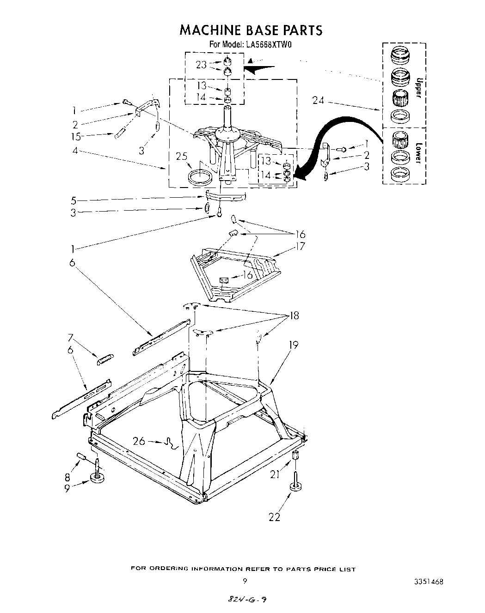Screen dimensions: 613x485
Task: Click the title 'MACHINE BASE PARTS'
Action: [250, 30]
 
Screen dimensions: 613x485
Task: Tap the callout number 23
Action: [201, 65]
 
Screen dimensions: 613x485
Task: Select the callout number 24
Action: [318, 100]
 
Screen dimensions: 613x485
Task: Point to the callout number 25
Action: [183, 156]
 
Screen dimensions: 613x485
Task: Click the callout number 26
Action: [139, 441]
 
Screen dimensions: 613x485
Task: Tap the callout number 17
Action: [301, 246]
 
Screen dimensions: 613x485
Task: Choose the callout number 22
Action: [275, 517]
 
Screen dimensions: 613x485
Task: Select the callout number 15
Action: [76, 136]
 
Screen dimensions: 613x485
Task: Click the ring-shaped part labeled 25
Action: [200, 177]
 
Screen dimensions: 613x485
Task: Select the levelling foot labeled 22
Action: [295, 485]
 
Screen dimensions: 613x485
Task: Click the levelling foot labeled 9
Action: [97, 478]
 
